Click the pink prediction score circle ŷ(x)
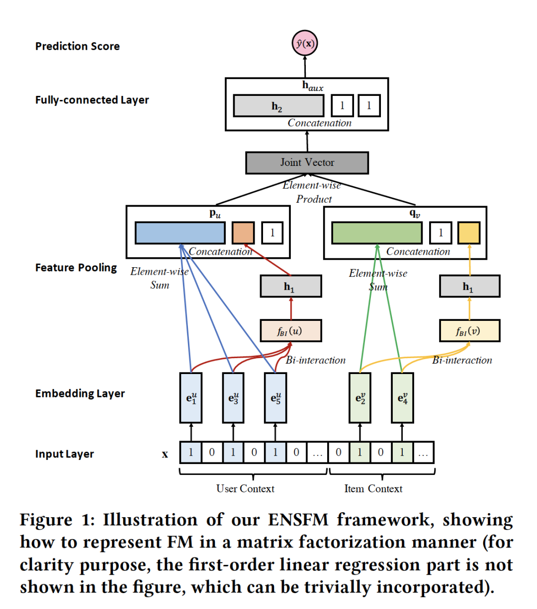304,43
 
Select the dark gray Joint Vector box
307,162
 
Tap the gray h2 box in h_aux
278,106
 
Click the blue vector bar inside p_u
179,232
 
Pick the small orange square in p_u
243,232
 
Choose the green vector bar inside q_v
376,232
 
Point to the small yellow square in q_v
468,232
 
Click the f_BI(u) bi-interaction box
290,331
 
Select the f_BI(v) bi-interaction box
469,331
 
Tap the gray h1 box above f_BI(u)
290,287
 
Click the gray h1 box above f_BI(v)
469,287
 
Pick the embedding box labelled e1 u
191,398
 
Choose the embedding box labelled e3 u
233,398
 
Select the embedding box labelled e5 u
275,398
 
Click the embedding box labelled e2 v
360,398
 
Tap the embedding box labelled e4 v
402,398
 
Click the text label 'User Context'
245,489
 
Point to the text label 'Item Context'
373,489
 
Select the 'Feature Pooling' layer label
76,268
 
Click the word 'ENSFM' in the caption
298,520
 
